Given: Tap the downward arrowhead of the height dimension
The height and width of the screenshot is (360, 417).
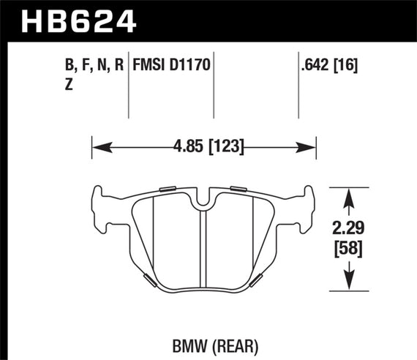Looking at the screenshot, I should (350, 282).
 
